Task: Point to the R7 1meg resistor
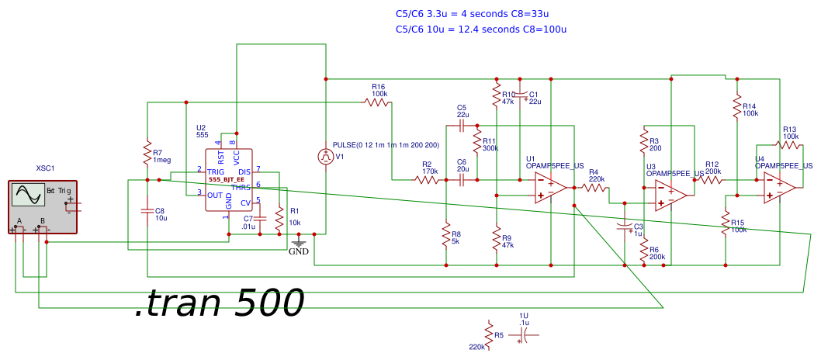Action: point(147,153)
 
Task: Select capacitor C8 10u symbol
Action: point(147,210)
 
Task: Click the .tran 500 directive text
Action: point(218,303)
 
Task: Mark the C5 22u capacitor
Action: point(462,124)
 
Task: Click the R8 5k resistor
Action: point(446,234)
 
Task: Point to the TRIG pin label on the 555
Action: point(217,171)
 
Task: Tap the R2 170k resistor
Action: point(427,180)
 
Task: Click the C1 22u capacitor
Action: point(523,96)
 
